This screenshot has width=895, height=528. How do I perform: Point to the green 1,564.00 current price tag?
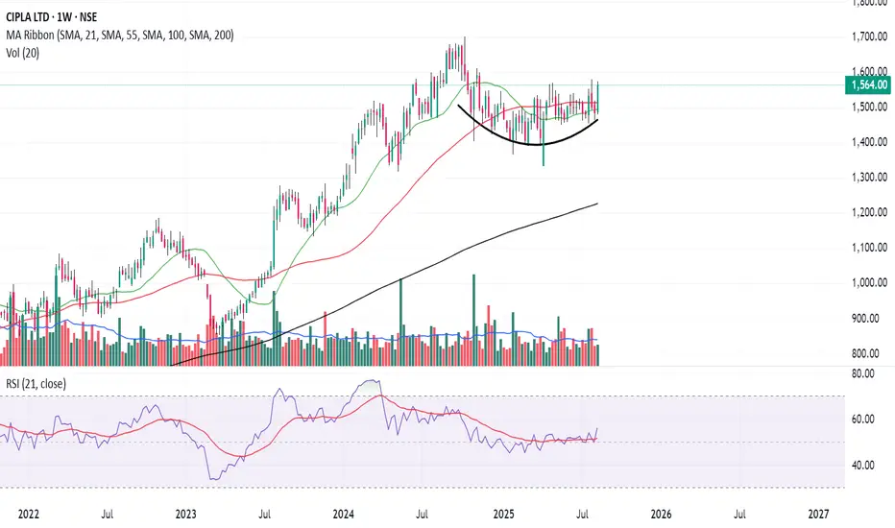tap(867, 85)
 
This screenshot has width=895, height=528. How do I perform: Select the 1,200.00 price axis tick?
tap(867, 212)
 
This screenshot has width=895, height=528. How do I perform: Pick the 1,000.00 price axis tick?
tap(867, 283)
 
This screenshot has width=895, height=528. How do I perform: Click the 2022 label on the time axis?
tap(27, 515)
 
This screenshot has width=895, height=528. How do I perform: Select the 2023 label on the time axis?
tap(185, 515)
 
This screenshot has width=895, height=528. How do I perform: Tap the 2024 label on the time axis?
tap(344, 515)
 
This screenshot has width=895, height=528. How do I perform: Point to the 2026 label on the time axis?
tap(661, 515)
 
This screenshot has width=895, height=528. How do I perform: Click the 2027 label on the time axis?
tap(819, 515)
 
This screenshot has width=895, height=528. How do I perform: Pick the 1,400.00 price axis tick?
tap(867, 142)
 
